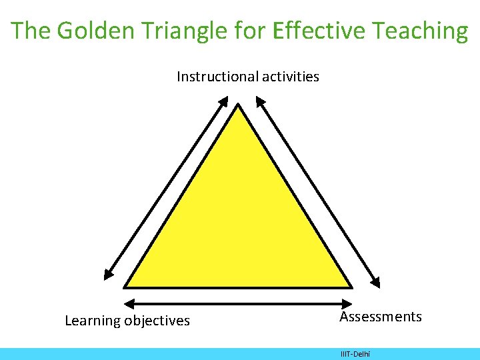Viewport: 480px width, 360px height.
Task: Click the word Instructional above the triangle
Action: click(217, 77)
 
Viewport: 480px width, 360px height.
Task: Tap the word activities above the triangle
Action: click(291, 77)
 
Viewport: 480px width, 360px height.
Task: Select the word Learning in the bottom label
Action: click(92, 321)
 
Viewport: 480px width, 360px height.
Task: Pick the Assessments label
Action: click(381, 317)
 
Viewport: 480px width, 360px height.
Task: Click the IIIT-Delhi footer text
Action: click(355, 353)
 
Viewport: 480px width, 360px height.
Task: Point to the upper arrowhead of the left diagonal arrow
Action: click(223, 101)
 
